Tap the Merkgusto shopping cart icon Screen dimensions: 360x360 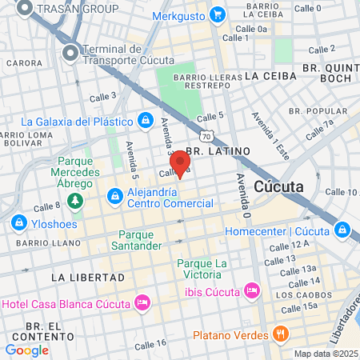(217, 14)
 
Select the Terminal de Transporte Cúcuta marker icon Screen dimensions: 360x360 (70, 53)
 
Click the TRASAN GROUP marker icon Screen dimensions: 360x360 (25, 8)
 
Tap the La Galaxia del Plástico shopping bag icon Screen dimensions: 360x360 (145, 121)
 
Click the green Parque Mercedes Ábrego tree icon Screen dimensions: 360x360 (75, 199)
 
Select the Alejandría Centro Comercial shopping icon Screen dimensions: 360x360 (115, 195)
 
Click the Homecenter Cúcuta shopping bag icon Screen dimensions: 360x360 (343, 230)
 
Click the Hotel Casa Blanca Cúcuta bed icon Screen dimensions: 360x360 (142, 302)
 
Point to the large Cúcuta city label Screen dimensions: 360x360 (278, 186)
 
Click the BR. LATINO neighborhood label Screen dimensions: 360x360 (218, 150)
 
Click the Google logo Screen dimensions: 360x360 (27, 350)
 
